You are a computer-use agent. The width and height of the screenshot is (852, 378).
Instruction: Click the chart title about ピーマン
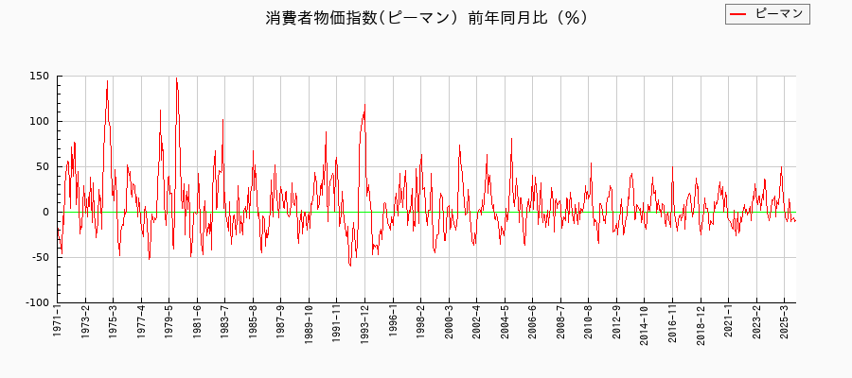(426, 18)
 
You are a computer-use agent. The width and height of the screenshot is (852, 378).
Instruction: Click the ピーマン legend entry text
(779, 13)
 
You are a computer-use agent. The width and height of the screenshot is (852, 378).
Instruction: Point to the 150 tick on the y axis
(39, 77)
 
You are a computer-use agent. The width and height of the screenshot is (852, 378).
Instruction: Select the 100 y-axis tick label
(39, 122)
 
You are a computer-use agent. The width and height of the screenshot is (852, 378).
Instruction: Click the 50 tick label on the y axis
(42, 167)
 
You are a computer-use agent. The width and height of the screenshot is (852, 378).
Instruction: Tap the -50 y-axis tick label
(39, 258)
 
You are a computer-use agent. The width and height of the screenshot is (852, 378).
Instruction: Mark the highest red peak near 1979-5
(176, 77)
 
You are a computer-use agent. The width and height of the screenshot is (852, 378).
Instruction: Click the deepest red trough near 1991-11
(349, 266)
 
